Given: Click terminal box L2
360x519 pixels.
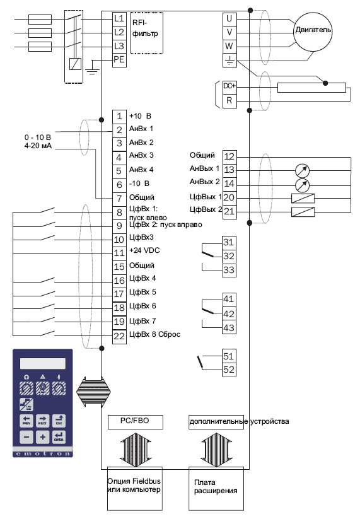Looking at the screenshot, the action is [119, 32].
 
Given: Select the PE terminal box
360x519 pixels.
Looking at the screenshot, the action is [119, 60].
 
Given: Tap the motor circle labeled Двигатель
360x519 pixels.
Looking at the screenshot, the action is [313, 32].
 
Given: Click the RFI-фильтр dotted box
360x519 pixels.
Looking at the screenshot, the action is [146, 33].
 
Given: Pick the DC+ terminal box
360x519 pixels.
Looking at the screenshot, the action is [229, 86].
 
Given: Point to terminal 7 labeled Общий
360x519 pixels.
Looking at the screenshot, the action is [119, 199].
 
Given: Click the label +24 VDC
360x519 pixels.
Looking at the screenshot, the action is [144, 250].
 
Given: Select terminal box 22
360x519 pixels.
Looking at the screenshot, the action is [119, 336].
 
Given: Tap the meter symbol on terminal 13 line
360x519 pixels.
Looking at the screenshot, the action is [302, 171].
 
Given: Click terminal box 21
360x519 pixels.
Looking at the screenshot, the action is [229, 211].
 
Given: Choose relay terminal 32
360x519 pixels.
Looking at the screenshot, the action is [229, 256].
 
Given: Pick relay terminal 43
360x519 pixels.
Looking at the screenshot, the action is [229, 327].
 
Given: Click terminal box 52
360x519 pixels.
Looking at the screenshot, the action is [229, 370].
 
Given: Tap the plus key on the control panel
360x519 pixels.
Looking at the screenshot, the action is [43, 437].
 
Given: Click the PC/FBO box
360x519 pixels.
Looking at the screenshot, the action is [136, 422].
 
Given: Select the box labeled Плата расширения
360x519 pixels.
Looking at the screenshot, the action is [216, 489].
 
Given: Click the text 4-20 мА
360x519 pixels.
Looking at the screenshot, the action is [38, 146].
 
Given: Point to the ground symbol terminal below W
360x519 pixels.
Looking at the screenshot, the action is [229, 61].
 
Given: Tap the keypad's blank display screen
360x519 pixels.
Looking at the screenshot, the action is [43, 363].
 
